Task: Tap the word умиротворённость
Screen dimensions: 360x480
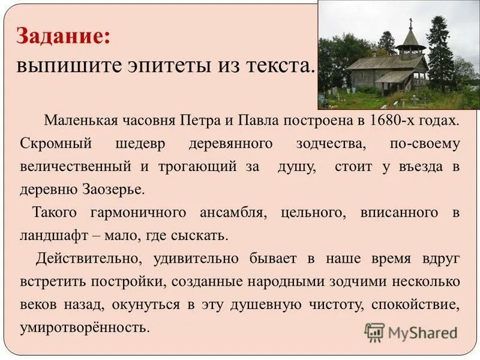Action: [83, 328]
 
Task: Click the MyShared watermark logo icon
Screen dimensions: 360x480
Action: [374, 332]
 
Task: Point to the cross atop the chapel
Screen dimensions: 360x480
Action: [411, 23]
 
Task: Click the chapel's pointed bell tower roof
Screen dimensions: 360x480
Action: [411, 39]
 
